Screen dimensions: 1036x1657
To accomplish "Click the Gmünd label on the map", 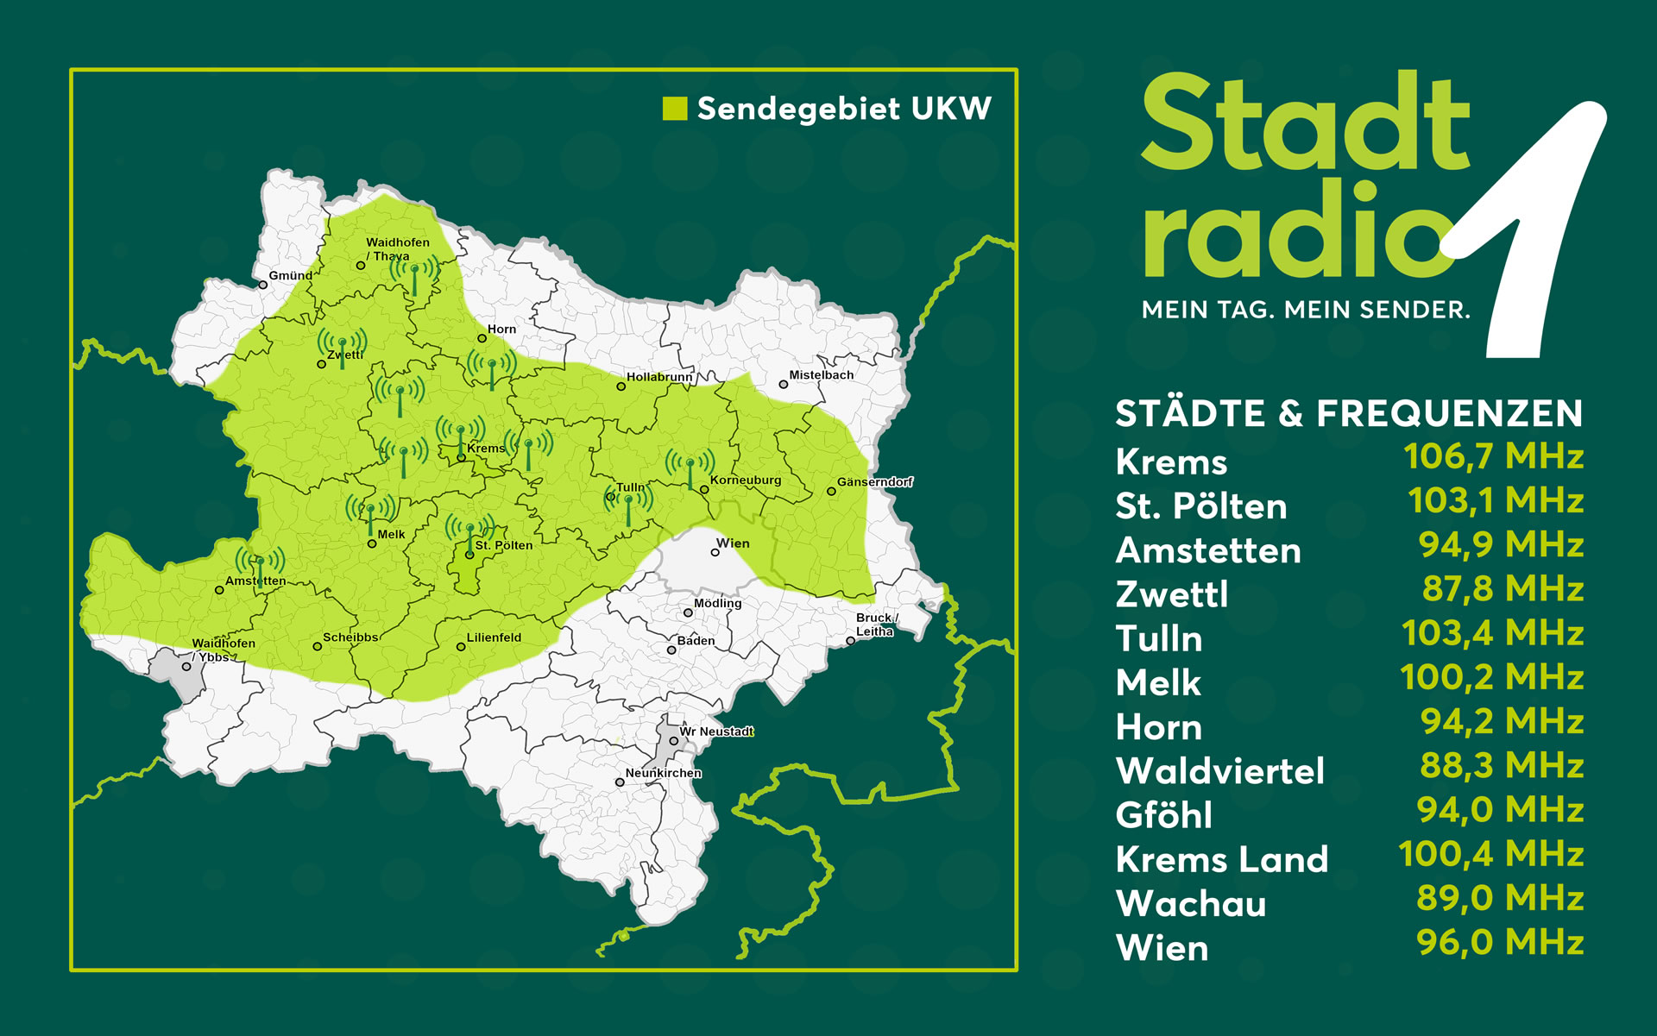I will pyautogui.click(x=291, y=276).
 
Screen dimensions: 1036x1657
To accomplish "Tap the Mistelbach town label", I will pyautogui.click(x=821, y=375).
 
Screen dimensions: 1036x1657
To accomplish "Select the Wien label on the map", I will pyautogui.click(x=733, y=543).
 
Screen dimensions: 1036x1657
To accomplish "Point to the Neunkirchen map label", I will pyautogui.click(x=663, y=773).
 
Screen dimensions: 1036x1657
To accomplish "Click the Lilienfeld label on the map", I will pyautogui.click(x=494, y=637).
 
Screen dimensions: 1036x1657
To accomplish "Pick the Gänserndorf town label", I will pyautogui.click(x=874, y=482).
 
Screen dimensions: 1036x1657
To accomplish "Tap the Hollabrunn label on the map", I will pyautogui.click(x=659, y=377).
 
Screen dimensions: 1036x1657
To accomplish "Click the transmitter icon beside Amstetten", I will pyautogui.click(x=260, y=565).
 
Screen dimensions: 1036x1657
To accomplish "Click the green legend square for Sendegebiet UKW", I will pyautogui.click(x=674, y=109).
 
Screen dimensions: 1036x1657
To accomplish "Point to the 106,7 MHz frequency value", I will pyautogui.click(x=1493, y=456).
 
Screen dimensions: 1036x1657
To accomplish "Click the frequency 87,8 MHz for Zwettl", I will pyautogui.click(x=1502, y=589).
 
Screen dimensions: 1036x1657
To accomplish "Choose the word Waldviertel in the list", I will pyautogui.click(x=1219, y=771).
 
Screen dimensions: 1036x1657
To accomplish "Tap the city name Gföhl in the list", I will pyautogui.click(x=1163, y=815).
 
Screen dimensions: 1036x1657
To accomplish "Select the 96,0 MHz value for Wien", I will pyautogui.click(x=1500, y=942).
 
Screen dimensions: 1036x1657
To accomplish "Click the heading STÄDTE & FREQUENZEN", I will pyautogui.click(x=1349, y=413).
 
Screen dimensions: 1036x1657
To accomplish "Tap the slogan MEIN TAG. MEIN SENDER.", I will pyautogui.click(x=1306, y=310).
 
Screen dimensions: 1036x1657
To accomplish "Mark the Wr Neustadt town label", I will pyautogui.click(x=716, y=731).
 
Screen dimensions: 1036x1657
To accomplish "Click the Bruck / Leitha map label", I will pyautogui.click(x=876, y=625).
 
